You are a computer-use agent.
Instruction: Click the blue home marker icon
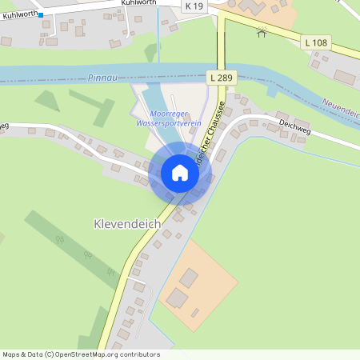coord(179,172)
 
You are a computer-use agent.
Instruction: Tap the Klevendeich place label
coord(127,226)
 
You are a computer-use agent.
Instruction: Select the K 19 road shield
coord(193,6)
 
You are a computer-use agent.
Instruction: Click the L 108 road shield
coord(316,42)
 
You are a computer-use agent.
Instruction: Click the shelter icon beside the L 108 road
coord(261,32)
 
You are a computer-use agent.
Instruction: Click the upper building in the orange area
coord(190,278)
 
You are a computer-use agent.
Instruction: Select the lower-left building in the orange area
coord(177,298)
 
